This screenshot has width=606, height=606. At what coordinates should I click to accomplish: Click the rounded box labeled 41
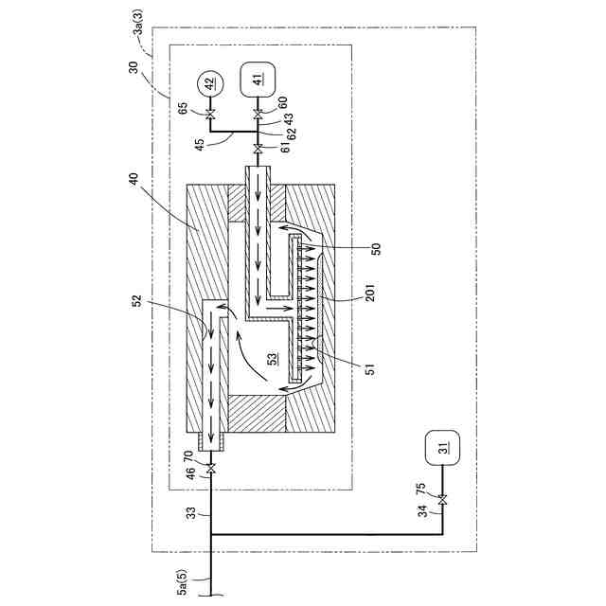point(258,77)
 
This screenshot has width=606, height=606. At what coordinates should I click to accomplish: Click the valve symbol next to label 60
point(258,115)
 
